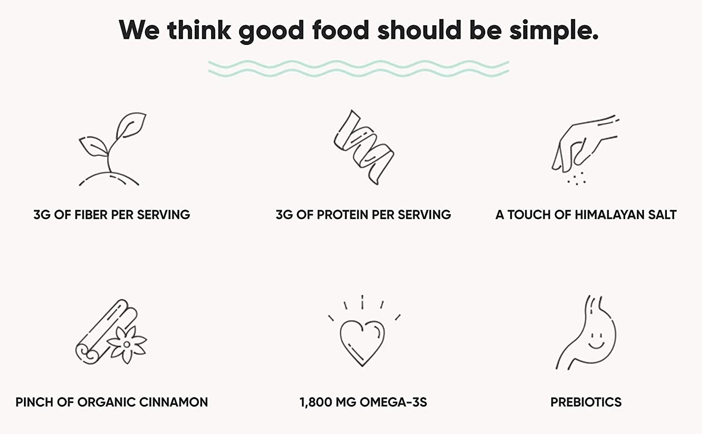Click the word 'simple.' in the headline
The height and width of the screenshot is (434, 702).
pyautogui.click(x=554, y=31)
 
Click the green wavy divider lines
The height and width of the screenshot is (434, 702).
pyautogui.click(x=359, y=69)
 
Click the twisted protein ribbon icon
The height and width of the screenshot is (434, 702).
pyautogui.click(x=363, y=147)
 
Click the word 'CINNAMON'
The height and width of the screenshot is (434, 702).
pyautogui.click(x=174, y=403)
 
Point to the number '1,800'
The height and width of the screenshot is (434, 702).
pyautogui.click(x=316, y=403)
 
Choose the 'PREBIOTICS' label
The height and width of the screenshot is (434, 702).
pyautogui.click(x=586, y=403)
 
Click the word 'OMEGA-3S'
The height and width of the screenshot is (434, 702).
pyautogui.click(x=393, y=403)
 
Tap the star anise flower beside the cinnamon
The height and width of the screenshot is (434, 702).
pyautogui.click(x=127, y=344)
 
